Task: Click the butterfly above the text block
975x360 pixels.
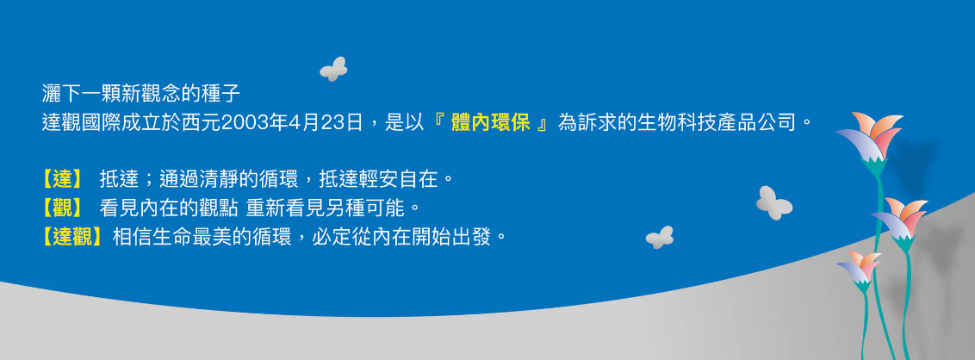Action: click(333, 69)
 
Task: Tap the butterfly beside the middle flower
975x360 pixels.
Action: click(773, 202)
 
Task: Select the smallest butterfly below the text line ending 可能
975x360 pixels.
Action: click(660, 238)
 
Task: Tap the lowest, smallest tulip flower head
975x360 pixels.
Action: click(859, 267)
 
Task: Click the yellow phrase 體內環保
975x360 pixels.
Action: click(491, 122)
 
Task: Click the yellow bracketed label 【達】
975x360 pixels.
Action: click(62, 180)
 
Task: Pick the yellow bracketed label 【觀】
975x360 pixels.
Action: click(62, 208)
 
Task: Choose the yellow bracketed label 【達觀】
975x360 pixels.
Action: click(71, 237)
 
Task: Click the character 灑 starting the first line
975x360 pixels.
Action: click(52, 94)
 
